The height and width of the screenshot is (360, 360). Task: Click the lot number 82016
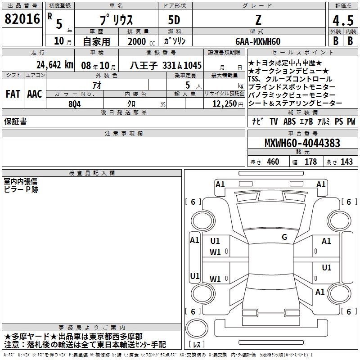(22, 19)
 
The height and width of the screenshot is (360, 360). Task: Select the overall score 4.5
(343, 20)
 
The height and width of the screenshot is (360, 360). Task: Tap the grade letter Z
(258, 20)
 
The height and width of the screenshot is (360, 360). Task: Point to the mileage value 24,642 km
(54, 65)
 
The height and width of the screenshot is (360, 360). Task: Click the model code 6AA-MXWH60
(258, 41)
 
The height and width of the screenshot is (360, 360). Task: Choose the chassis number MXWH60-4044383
(302, 143)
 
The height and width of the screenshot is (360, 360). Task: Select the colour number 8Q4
(75, 104)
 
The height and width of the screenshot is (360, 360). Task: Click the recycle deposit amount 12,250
(225, 104)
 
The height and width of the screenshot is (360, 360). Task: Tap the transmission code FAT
(13, 94)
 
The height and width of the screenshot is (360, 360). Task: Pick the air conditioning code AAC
(35, 94)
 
